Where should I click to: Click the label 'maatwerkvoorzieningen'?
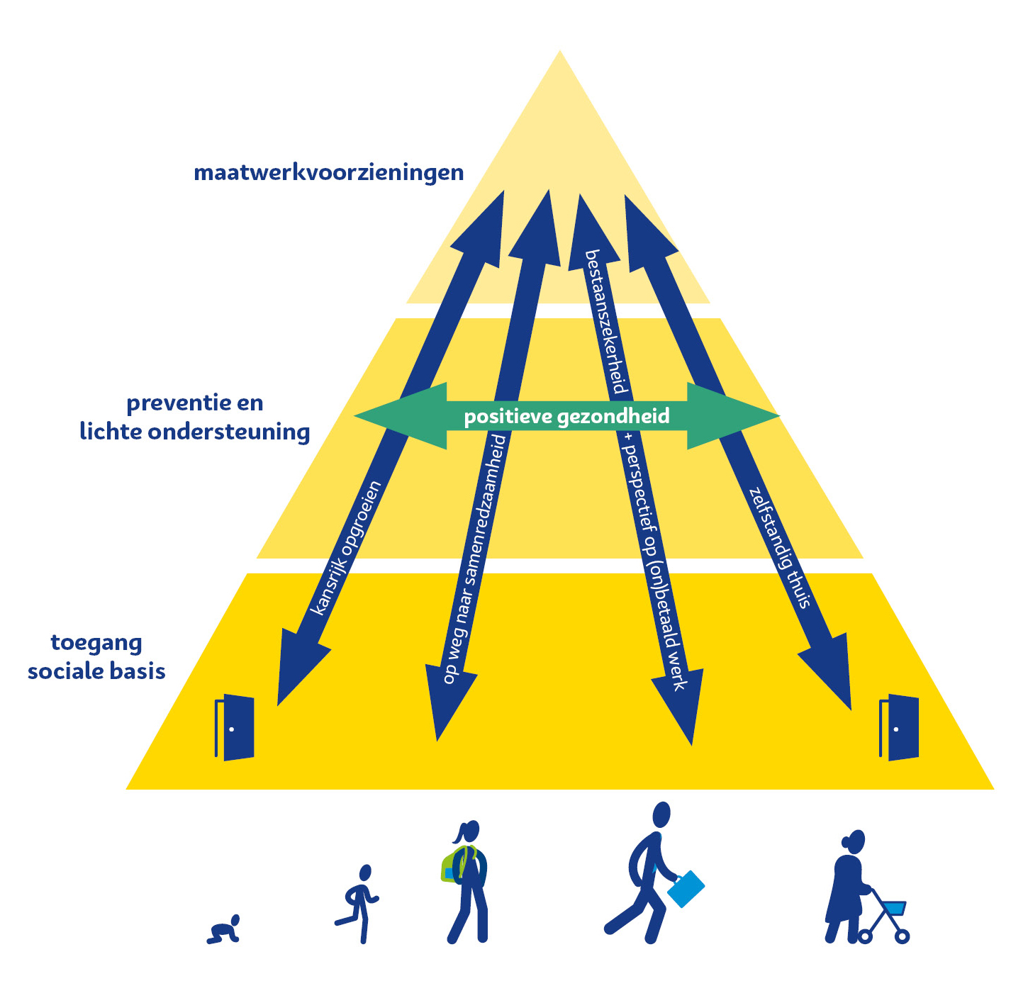[x=328, y=172]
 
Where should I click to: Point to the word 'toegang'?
[x=96, y=643]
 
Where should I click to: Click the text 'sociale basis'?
[x=96, y=671]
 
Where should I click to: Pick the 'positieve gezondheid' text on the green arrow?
[x=566, y=416]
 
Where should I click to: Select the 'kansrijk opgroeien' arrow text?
[x=346, y=548]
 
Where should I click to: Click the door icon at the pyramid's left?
[x=235, y=727]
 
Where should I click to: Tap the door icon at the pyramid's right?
[x=900, y=727]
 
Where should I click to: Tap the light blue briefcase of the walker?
[x=686, y=889]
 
